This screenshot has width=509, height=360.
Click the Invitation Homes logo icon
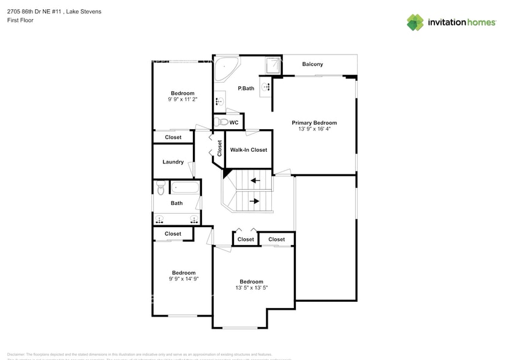click(x=415, y=23)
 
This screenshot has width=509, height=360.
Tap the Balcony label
click(x=312, y=64)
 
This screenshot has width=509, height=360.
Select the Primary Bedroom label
click(x=314, y=122)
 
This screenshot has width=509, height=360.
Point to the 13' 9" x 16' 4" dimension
click(x=314, y=129)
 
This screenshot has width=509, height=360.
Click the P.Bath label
click(x=246, y=89)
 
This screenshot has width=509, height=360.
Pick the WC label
click(x=234, y=122)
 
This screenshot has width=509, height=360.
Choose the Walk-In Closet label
click(x=248, y=150)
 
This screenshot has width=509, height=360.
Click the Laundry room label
click(x=173, y=162)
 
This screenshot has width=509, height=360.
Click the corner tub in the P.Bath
click(x=225, y=67)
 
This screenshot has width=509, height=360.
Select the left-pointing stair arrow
click(x=254, y=181)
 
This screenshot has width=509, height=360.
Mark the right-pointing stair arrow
click(x=254, y=201)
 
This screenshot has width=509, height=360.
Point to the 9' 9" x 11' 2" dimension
click(x=183, y=100)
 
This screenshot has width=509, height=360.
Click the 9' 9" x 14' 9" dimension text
click(x=183, y=279)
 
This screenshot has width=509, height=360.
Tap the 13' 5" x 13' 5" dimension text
click(x=251, y=288)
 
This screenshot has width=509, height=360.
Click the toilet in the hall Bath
click(x=160, y=186)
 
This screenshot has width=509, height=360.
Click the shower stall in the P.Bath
click(x=273, y=65)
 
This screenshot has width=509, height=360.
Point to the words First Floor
click(x=20, y=20)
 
